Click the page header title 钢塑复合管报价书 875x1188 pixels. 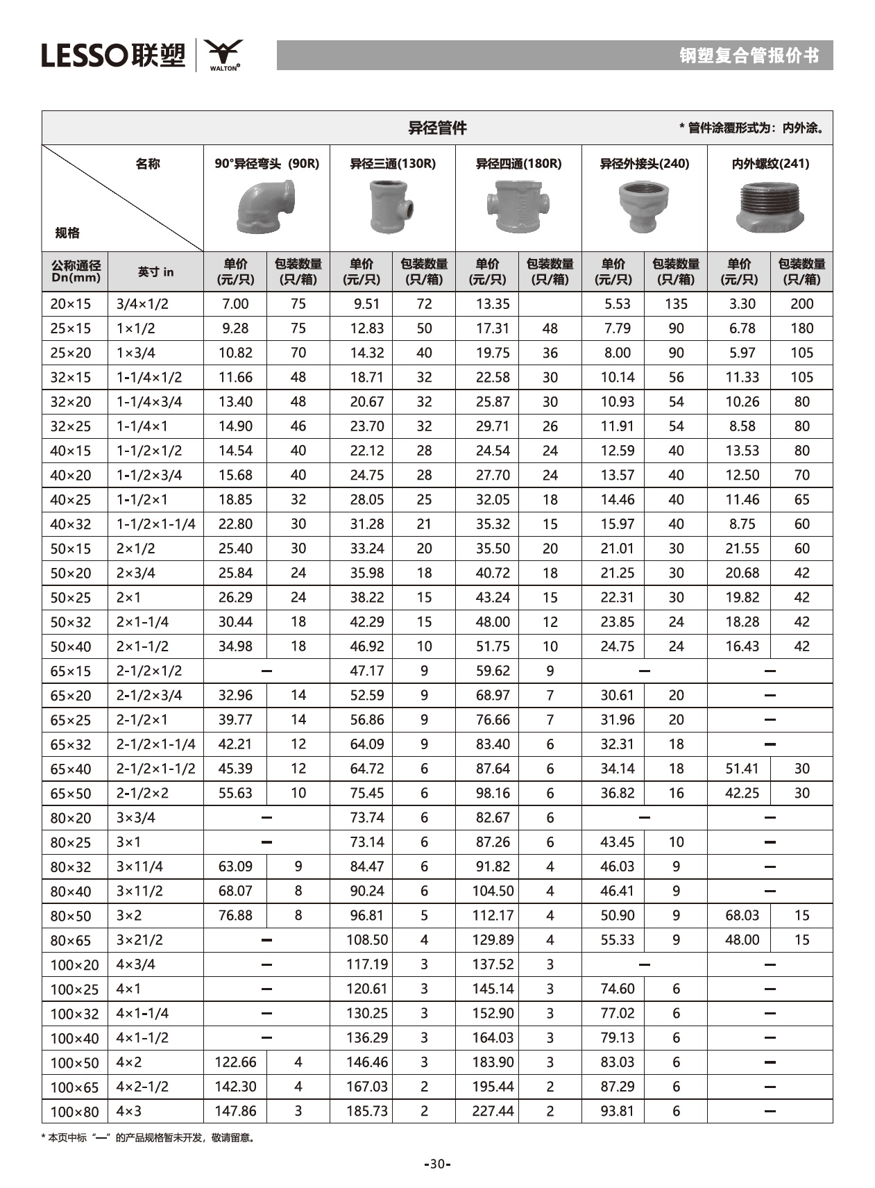click(x=749, y=56)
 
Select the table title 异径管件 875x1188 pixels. click(x=437, y=128)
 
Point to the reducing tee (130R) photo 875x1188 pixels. click(x=392, y=207)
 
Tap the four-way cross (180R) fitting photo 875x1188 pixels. click(x=518, y=206)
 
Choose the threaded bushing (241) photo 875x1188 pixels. click(x=770, y=207)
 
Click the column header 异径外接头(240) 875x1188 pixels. click(x=644, y=164)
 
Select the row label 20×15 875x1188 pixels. click(x=71, y=304)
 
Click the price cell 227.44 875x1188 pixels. click(x=493, y=1111)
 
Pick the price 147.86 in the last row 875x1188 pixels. click(x=235, y=1111)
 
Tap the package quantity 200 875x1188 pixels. click(x=801, y=304)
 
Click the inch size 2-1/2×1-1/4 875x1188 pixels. click(x=155, y=744)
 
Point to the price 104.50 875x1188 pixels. click(x=493, y=891)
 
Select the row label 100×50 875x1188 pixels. click(x=74, y=1062)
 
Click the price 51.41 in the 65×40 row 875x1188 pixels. click(x=742, y=769)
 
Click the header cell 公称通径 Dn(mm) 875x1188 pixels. click(x=76, y=271)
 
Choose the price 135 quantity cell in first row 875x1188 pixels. click(x=676, y=304)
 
